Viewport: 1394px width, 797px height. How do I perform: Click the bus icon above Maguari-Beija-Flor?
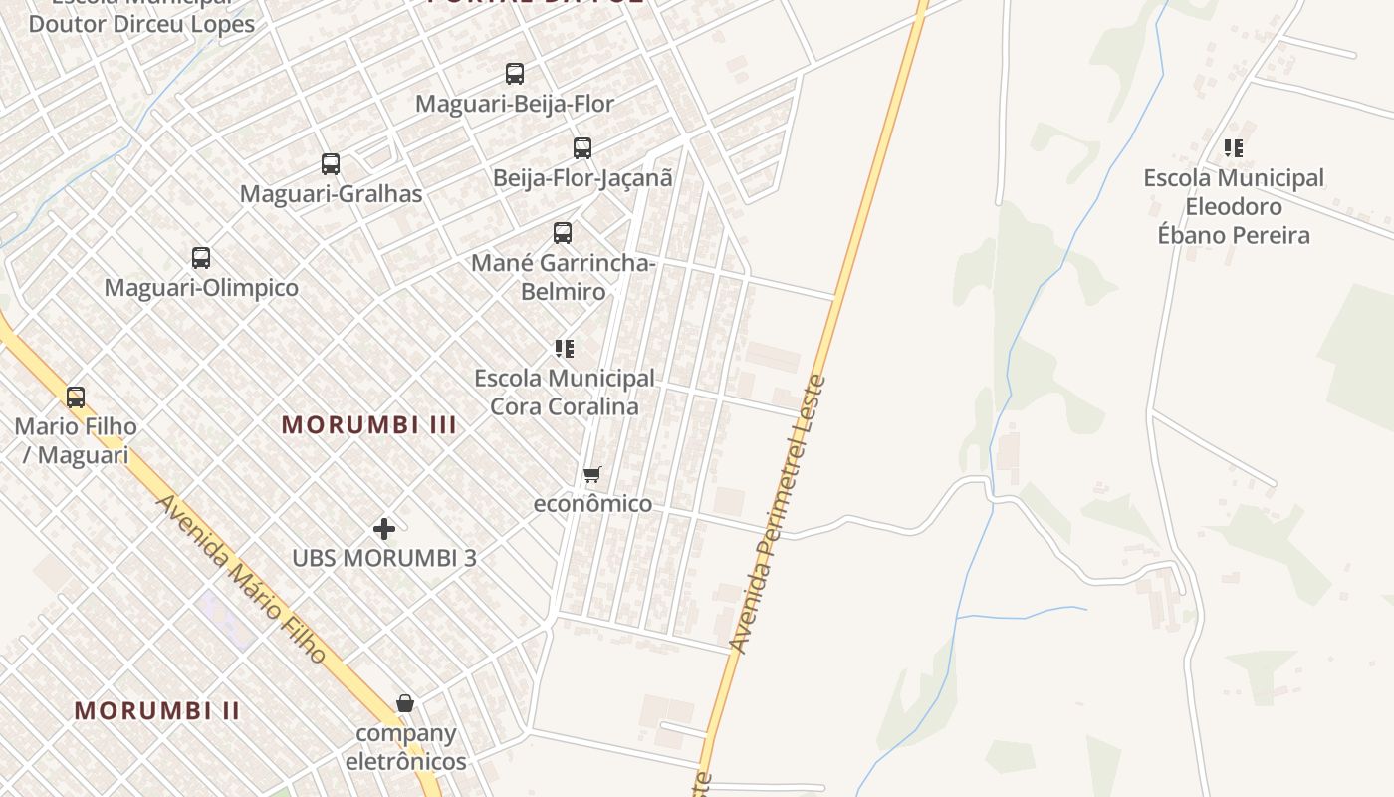point(514,74)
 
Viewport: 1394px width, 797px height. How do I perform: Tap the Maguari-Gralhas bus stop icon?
point(331,164)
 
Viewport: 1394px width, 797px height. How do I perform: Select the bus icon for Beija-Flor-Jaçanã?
point(582,148)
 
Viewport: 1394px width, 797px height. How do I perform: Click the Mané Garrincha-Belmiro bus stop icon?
point(563,233)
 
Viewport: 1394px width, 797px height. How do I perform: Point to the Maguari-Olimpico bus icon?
point(201,258)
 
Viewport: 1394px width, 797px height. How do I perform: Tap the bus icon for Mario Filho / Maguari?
point(76,398)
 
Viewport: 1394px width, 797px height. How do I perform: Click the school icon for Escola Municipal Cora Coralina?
point(565,349)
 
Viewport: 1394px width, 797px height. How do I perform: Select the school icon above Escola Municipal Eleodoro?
point(1234,149)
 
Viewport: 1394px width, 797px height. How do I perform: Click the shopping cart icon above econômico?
point(592,474)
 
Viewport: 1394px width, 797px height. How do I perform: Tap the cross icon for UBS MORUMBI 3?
point(384,529)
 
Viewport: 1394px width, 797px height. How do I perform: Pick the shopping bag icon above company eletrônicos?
point(405,704)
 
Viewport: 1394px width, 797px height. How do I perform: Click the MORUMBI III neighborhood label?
point(369,425)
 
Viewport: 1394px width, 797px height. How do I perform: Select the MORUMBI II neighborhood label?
point(157,711)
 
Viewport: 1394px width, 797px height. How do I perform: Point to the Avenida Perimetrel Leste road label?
point(778,514)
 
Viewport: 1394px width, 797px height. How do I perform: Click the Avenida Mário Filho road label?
point(241,579)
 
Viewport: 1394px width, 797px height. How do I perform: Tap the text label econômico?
point(592,504)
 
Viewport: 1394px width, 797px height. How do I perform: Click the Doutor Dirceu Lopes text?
point(141,24)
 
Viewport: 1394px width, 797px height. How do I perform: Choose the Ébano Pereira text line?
point(1234,236)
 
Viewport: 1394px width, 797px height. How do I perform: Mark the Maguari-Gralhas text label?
point(331,194)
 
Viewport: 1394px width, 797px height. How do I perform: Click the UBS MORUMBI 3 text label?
point(384,559)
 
